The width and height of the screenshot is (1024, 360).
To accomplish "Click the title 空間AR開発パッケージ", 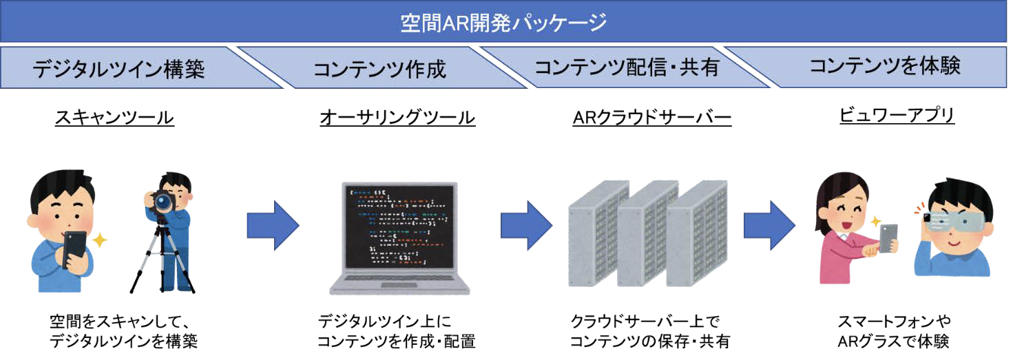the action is point(503,23).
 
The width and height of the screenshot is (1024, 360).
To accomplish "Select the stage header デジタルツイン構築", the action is point(118,69).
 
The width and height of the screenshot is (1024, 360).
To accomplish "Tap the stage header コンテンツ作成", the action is point(379,69).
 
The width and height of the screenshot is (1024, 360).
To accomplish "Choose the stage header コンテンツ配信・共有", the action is point(627,67).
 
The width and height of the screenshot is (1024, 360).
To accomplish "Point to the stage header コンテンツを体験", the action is point(885,66).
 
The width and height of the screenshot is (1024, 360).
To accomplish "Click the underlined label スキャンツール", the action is point(114,118).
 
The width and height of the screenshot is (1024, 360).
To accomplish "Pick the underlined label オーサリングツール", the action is point(397,118).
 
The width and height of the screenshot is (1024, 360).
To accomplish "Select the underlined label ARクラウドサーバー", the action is point(652,118).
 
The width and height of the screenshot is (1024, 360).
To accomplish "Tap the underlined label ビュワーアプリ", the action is point(897,115).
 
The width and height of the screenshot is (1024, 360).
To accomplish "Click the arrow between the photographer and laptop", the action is point(273,225).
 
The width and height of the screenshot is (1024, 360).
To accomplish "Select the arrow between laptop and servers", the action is point(527,225).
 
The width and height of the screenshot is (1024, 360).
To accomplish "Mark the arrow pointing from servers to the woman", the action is point(770,225).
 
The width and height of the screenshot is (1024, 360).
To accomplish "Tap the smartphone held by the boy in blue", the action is point(74,249).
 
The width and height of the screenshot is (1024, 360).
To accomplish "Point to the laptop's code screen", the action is point(399,227).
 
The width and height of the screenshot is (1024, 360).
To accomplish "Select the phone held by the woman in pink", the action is point(888,238).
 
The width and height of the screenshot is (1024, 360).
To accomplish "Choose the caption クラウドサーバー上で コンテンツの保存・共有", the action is point(649,331).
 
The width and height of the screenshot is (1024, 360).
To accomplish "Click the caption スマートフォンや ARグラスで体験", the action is point(894,331).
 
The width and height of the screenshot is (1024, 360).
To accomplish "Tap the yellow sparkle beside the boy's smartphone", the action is point(100,240).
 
